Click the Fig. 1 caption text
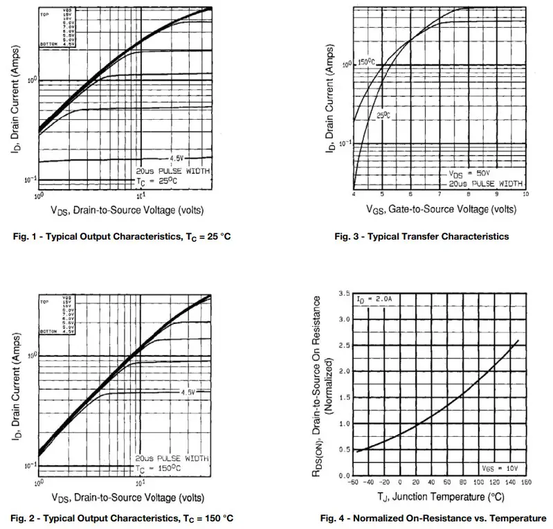coord(122,237)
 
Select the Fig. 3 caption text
coord(421,237)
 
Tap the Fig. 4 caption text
coord(433,518)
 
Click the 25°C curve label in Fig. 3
coord(383,115)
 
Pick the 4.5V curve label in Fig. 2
coord(189,393)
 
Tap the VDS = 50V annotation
coord(469,174)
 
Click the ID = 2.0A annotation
coord(374,300)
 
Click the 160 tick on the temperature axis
coord(525,482)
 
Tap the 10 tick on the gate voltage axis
coord(525,195)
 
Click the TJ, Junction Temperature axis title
coord(439,496)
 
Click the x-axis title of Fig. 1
coord(126,208)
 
